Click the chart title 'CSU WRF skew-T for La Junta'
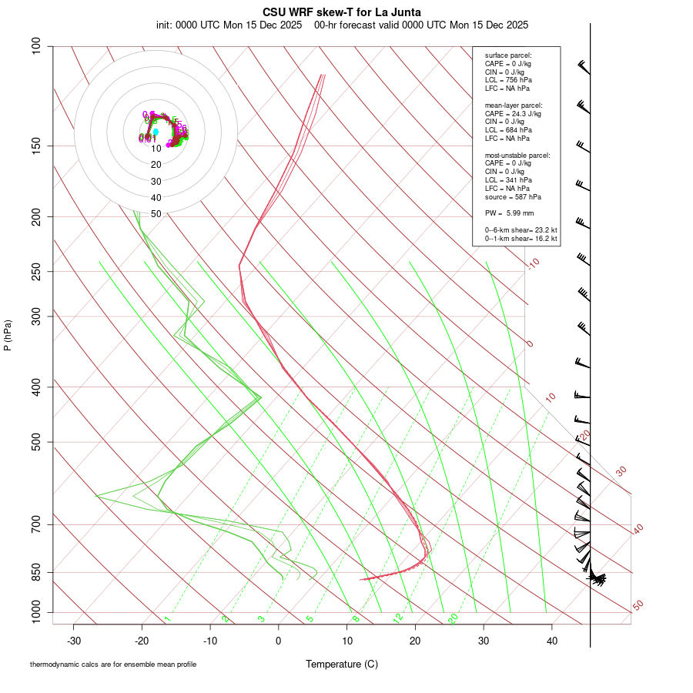(342, 12)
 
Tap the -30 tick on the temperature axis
(74, 641)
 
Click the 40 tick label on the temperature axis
(552, 641)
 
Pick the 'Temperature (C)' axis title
(342, 665)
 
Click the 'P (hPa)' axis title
(8, 335)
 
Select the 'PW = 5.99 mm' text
(509, 213)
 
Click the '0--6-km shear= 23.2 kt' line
(521, 230)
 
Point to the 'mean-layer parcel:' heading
(514, 105)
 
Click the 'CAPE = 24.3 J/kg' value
(513, 113)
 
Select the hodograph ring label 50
(156, 214)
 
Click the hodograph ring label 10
(156, 149)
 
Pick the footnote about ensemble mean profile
(113, 665)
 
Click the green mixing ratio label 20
(454, 618)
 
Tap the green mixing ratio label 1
(166, 619)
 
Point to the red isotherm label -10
(533, 263)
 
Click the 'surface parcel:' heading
(508, 55)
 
